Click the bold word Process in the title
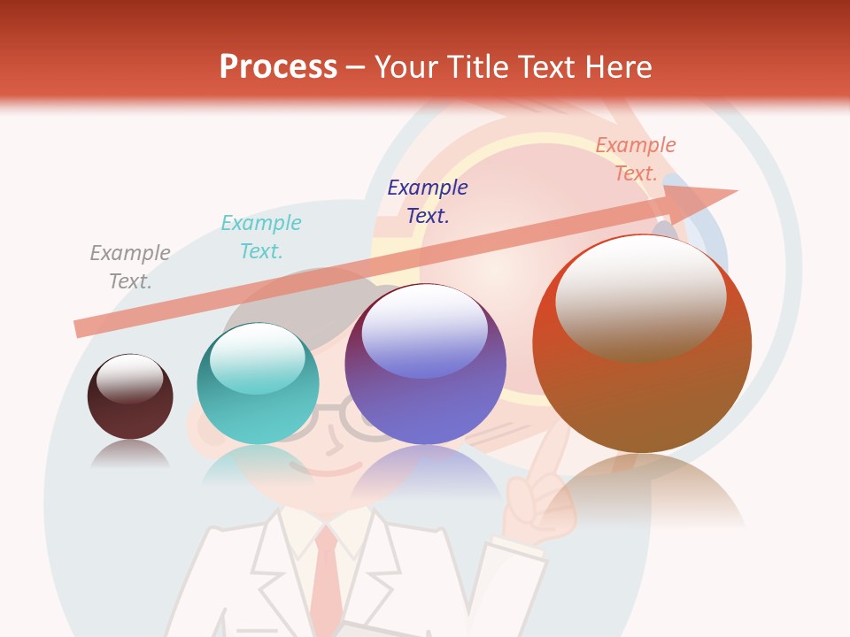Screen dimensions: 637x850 [x=278, y=67]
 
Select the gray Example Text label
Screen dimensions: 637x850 [x=130, y=267]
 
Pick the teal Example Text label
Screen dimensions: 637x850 [x=261, y=237]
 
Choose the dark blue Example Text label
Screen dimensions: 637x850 [x=428, y=201]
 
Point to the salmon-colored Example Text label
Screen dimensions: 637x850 [x=636, y=159]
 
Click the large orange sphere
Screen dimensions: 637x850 [x=642, y=354]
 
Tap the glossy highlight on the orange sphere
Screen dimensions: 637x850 [x=640, y=296]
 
